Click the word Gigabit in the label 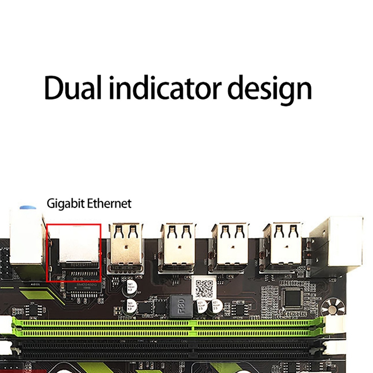tap(65, 204)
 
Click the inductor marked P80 tap(180, 307)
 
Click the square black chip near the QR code tap(293, 298)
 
